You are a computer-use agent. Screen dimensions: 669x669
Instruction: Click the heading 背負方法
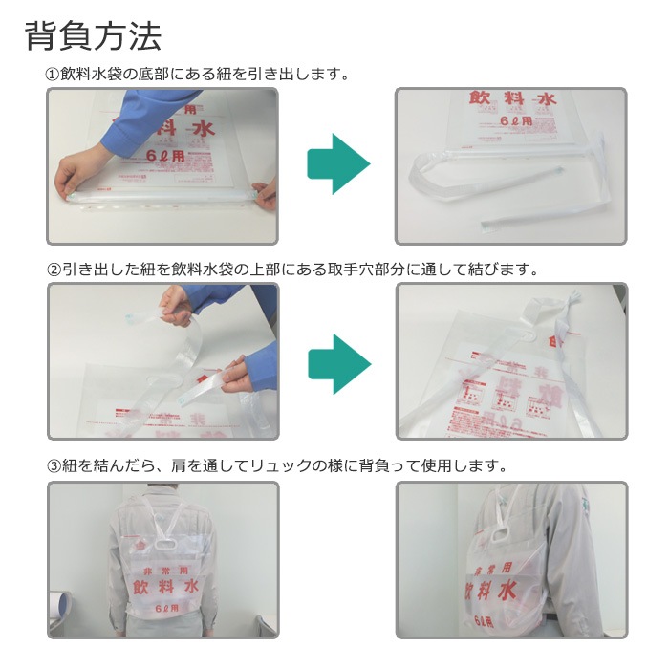point(93,36)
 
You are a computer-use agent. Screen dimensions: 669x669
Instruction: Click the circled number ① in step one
point(54,74)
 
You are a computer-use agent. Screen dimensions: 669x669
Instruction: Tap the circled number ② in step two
point(54,270)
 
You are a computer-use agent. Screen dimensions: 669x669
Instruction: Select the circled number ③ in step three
point(54,466)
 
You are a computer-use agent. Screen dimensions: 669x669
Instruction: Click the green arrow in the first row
point(337,164)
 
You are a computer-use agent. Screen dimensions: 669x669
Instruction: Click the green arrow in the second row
point(337,361)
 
